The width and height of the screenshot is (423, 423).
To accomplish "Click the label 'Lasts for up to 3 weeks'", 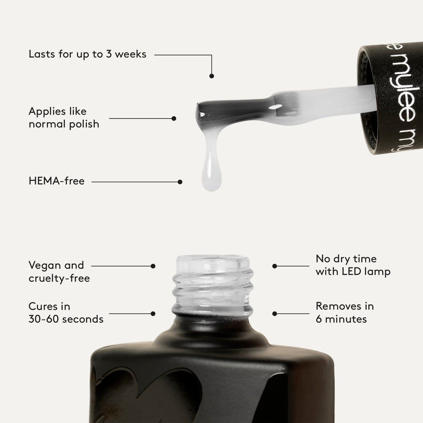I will click(x=87, y=54).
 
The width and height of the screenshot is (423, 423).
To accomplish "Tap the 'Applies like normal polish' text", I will click(x=64, y=117).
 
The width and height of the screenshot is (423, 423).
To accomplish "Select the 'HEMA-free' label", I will click(x=56, y=181).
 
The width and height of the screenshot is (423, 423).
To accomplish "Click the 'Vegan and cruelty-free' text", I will click(x=59, y=272).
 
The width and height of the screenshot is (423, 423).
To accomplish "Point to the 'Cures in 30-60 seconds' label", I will click(x=66, y=313).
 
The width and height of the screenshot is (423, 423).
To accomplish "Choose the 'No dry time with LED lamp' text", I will click(x=352, y=265).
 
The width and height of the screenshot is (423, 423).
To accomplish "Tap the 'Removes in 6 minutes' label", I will click(x=344, y=312).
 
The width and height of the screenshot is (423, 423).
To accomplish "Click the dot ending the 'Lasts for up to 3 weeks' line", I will click(x=211, y=76).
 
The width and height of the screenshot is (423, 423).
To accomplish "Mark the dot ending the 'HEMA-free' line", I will click(x=180, y=182).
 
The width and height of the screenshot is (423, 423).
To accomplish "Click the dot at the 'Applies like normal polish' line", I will click(x=174, y=118).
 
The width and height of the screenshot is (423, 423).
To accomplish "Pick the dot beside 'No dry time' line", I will click(x=275, y=266).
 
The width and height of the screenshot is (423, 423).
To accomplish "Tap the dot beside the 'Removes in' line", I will click(x=275, y=314).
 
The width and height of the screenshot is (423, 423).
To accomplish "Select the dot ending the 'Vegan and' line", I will click(x=153, y=266).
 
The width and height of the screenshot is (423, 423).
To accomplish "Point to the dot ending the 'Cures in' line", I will click(x=153, y=314).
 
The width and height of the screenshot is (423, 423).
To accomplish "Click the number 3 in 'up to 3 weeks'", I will click(x=109, y=54).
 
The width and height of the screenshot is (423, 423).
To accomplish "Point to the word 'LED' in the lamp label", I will click(x=358, y=272).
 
